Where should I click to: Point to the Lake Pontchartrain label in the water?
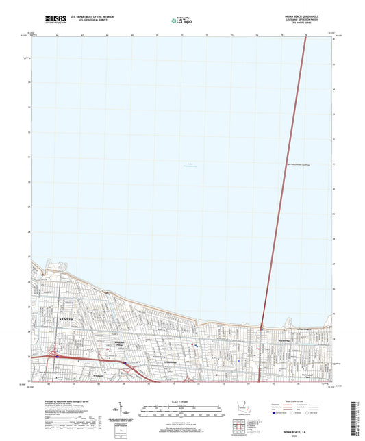coord(190,165)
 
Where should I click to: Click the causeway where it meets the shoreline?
coord(262,325)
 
